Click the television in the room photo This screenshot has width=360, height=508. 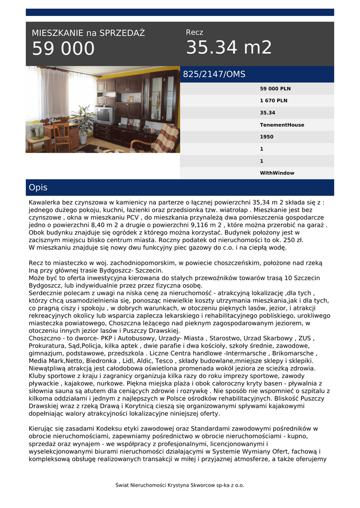click(105, 115)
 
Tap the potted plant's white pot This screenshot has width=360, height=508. click(83, 140)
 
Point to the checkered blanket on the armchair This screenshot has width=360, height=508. click(165, 138)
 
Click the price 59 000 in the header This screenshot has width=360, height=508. click(63, 49)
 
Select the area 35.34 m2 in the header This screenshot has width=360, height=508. click(229, 48)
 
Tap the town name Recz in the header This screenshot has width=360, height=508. click(194, 32)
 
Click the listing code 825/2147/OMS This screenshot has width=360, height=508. click(214, 74)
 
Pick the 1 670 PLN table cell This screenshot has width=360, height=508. click(274, 101)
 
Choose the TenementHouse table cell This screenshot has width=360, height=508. click(282, 125)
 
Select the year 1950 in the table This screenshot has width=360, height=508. click(267, 137)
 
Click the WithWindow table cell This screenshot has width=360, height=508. click(277, 173)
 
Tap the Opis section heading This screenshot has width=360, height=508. click(38, 188)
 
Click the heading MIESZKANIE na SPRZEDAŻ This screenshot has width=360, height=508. click(88, 33)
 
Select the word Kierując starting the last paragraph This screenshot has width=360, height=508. click(43, 428)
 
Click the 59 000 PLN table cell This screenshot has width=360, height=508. click(275, 89)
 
